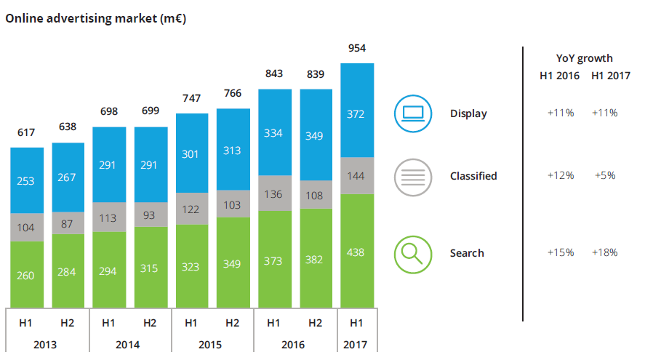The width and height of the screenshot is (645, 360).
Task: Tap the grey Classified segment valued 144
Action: (x=357, y=175)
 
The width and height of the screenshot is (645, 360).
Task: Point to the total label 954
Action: (x=357, y=49)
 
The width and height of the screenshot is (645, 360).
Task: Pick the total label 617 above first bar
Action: (x=26, y=133)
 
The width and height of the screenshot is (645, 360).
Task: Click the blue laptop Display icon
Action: (x=412, y=113)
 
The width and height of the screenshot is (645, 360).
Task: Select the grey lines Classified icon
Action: (x=412, y=176)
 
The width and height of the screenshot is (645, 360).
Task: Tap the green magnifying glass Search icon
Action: (x=412, y=253)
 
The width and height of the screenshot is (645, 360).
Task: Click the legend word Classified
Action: (x=473, y=176)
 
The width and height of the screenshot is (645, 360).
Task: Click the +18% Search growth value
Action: (x=604, y=252)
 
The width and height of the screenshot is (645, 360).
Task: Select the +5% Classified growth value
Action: (x=604, y=175)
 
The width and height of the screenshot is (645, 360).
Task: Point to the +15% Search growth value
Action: (x=561, y=252)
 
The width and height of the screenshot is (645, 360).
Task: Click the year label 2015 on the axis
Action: (x=212, y=344)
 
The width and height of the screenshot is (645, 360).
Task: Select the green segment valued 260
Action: (x=26, y=276)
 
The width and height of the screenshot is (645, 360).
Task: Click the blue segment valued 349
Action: (x=316, y=135)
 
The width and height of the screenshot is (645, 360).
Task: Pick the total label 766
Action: (x=233, y=94)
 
